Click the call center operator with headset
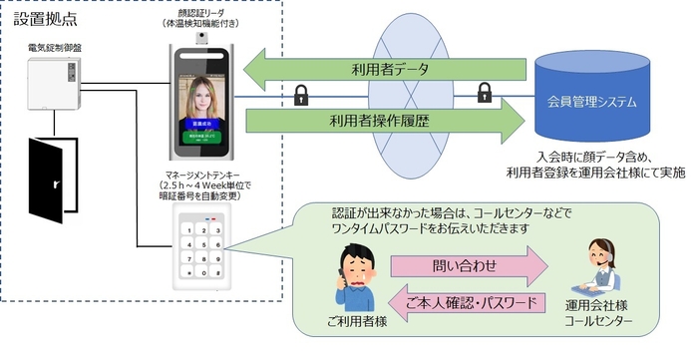pyautogui.click(x=603, y=265)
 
